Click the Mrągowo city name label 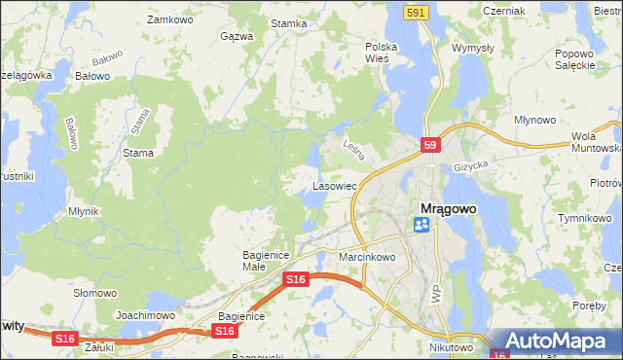point(453,208)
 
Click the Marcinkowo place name point(367,257)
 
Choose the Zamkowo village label point(166,18)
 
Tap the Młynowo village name point(534,119)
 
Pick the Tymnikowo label point(583,217)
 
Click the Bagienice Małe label point(262,260)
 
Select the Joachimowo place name point(145,315)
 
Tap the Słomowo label point(95,292)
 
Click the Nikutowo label point(451,346)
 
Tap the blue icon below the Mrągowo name point(421,225)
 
